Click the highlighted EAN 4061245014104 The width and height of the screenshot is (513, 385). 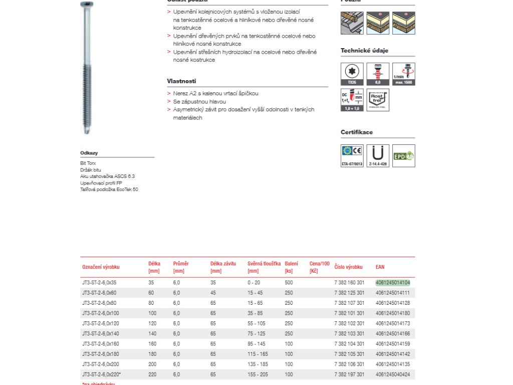pyautogui.click(x=393, y=283)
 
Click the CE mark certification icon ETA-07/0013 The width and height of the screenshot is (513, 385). pyautogui.click(x=352, y=155)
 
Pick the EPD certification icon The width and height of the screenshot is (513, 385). pyautogui.click(x=404, y=156)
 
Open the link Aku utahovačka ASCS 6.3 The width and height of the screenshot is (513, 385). pyautogui.click(x=107, y=176)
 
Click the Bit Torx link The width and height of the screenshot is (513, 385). pyautogui.click(x=88, y=163)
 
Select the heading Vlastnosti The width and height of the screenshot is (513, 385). pyautogui.click(x=181, y=81)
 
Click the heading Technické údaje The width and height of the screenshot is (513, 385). pyautogui.click(x=364, y=51)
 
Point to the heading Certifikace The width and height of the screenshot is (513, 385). pyautogui.click(x=357, y=132)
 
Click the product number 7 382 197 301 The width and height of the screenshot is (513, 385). pyautogui.click(x=349, y=374)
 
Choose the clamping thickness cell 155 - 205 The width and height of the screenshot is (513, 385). pyautogui.click(x=258, y=374)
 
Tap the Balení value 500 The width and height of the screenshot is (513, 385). pyautogui.click(x=289, y=283)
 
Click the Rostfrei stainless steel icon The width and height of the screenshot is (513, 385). pyautogui.click(x=378, y=100)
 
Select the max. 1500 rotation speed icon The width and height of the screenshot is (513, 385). pyautogui.click(x=404, y=74)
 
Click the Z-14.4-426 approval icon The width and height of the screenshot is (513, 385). pyautogui.click(x=378, y=155)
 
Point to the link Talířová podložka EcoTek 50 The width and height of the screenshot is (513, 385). pyautogui.click(x=109, y=189)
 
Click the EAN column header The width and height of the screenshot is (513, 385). pyautogui.click(x=380, y=267)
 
